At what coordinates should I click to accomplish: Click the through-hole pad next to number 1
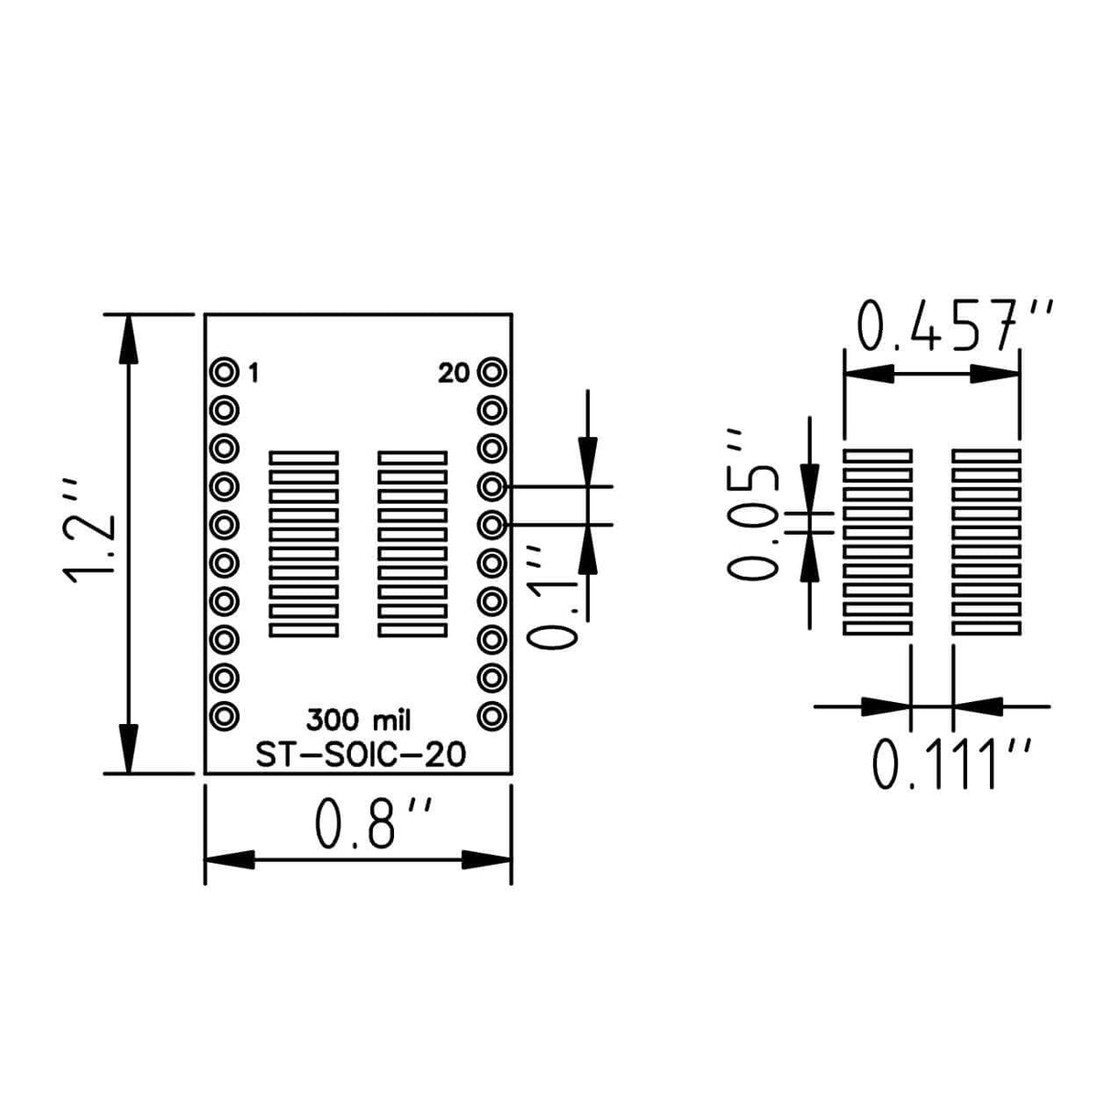tap(223, 373)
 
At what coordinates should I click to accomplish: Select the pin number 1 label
tap(253, 374)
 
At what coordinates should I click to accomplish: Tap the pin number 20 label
tap(453, 374)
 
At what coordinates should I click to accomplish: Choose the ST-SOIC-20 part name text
tap(359, 755)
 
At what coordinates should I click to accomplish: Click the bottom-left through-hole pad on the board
tap(223, 716)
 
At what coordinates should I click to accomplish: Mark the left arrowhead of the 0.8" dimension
tap(229, 859)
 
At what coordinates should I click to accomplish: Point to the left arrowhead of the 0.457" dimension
tap(868, 374)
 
